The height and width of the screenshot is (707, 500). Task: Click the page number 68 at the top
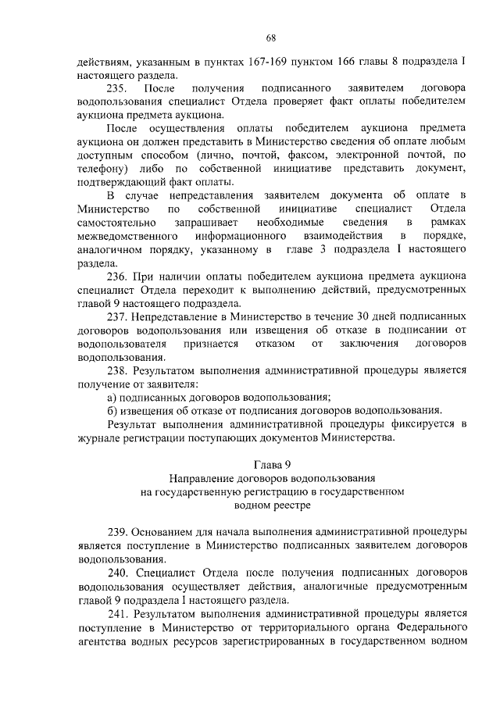tap(271, 37)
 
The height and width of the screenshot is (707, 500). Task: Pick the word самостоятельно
tap(116, 222)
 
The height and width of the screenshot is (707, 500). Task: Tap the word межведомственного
tap(122, 235)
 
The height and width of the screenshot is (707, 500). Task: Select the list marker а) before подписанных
tap(112, 397)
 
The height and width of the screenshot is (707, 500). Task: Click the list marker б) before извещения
tap(112, 410)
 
